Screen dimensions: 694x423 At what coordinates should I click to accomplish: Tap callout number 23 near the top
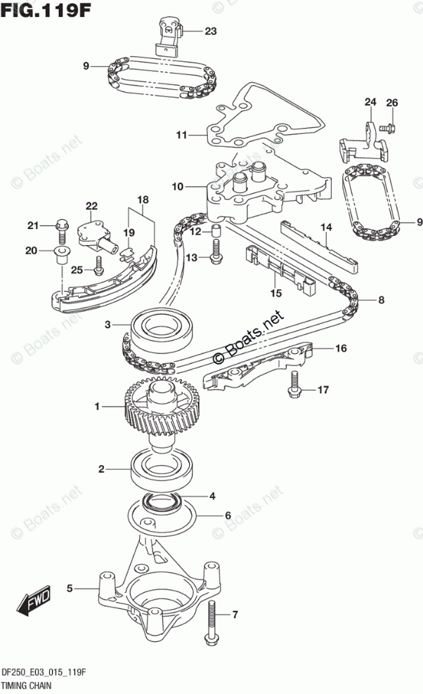(x=211, y=31)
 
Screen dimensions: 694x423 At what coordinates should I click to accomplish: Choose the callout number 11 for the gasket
(x=181, y=134)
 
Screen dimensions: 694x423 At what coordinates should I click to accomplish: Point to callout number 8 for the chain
(x=381, y=301)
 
